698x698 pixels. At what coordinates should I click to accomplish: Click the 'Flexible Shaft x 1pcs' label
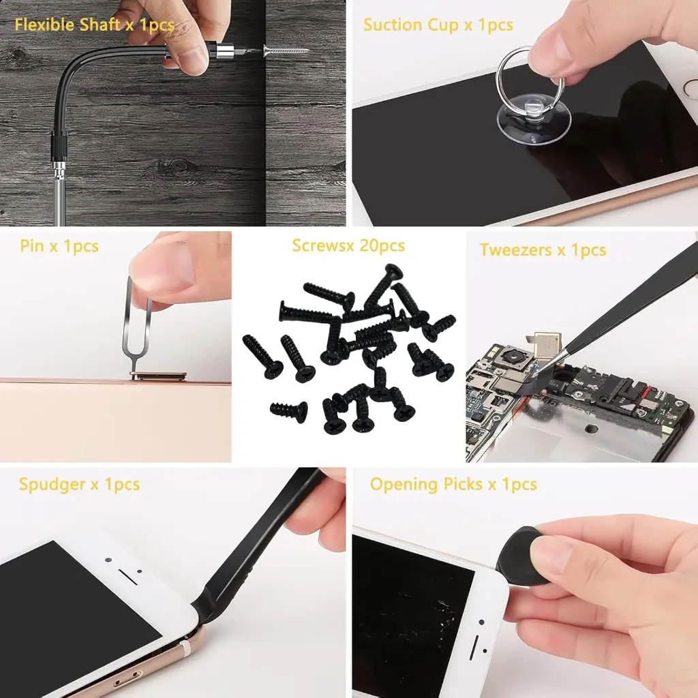[94, 26]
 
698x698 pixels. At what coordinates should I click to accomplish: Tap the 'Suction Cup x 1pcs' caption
[438, 26]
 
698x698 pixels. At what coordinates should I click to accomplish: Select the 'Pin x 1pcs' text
[59, 246]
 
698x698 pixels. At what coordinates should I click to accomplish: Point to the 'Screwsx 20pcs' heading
[348, 245]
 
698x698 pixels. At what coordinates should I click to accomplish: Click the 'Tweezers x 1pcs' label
[543, 250]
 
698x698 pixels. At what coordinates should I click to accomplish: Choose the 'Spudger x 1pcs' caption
[79, 485]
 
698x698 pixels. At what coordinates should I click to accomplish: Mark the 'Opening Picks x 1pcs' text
[453, 485]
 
